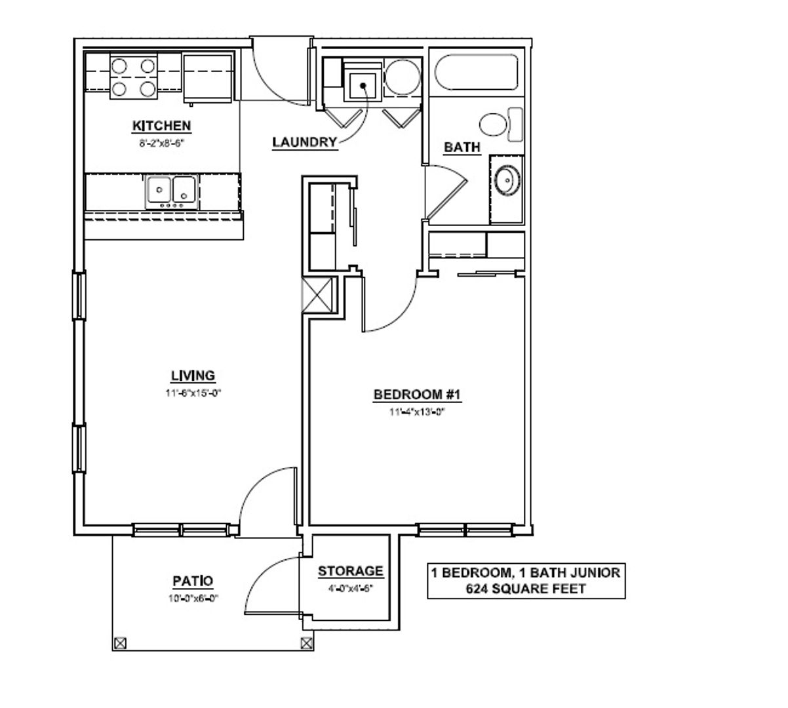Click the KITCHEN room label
pos(161,126)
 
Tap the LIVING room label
pos(193,376)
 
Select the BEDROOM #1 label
pos(417,395)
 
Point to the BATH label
pos(462,147)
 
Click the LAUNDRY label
pos(305,142)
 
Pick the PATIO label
pos(193,581)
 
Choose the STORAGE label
pos(351,571)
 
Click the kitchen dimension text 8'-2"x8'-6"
pos(161,143)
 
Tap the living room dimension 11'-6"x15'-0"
pos(193,393)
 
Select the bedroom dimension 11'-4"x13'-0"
pos(417,412)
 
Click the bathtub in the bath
pos(476,73)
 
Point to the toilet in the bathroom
pos(501,125)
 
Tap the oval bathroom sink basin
pos(507,180)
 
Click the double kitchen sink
pos(171,192)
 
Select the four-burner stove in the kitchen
pos(134,77)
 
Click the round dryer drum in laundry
pos(402,77)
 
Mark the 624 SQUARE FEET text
pos(526,589)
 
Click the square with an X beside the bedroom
pos(317,295)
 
